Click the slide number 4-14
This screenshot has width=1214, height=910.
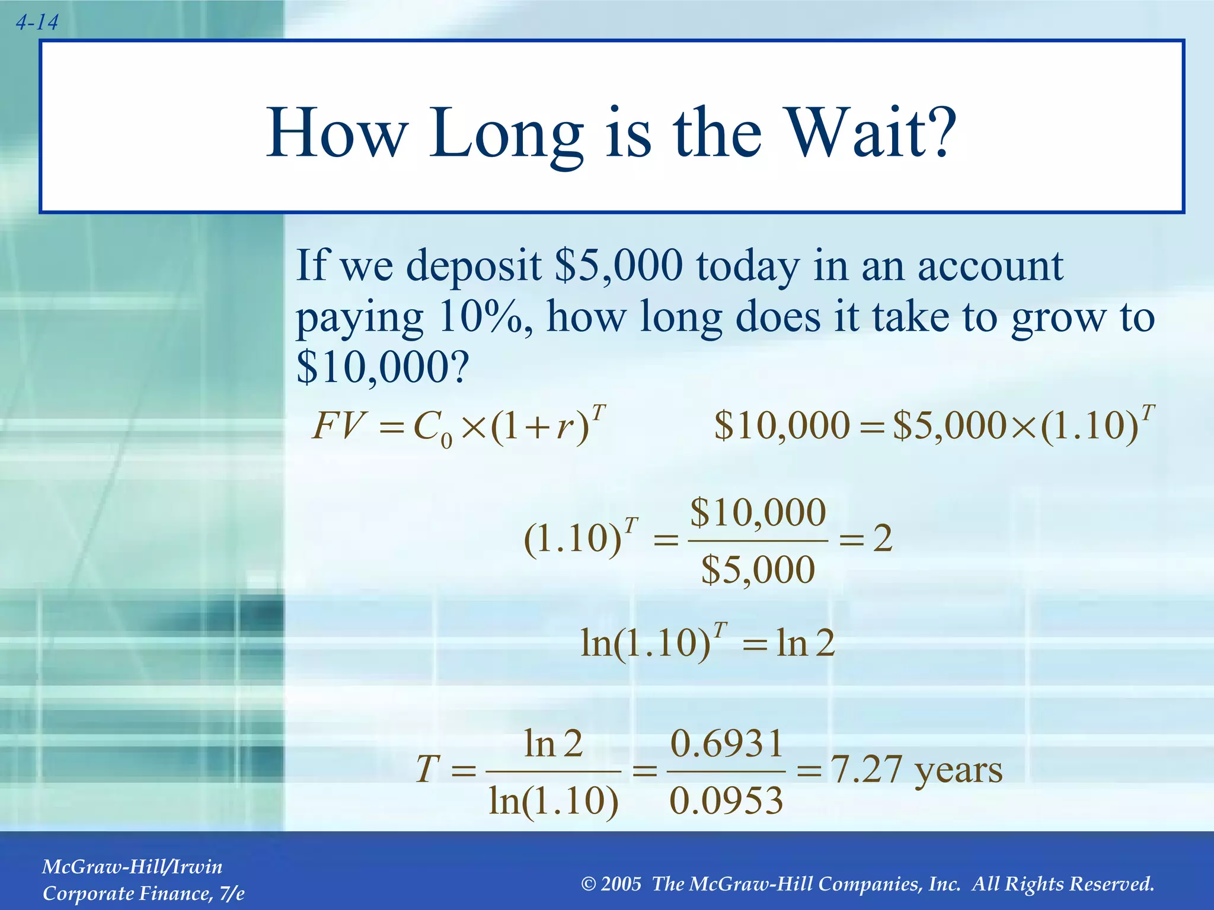pos(37,23)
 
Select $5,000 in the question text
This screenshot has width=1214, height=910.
pos(618,265)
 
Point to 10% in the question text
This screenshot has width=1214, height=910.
pos(481,317)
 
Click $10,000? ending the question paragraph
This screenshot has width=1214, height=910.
pos(382,367)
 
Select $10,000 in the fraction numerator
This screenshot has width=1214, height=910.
pos(758,512)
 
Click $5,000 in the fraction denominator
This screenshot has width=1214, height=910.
pos(758,570)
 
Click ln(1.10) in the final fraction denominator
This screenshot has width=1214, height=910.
pos(553,801)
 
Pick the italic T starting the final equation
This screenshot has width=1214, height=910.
pos(427,770)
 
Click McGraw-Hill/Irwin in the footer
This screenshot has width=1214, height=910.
pos(132,867)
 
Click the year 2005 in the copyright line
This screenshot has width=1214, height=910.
pos(621,884)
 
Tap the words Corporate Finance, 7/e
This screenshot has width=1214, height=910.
pos(143,893)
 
